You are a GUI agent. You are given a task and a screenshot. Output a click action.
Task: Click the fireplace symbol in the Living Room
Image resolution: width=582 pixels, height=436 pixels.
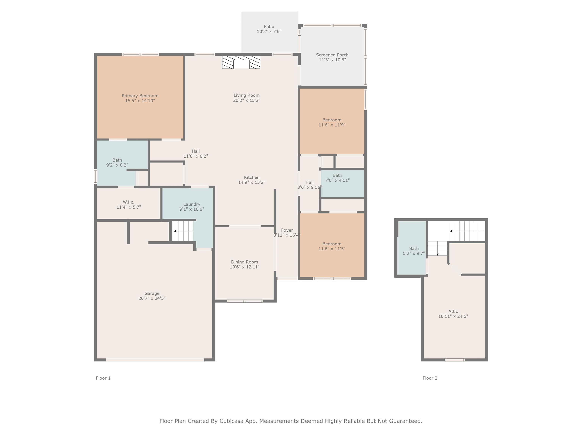coord(241,62)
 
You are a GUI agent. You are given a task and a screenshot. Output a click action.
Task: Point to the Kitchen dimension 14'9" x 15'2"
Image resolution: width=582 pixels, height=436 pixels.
coord(252,182)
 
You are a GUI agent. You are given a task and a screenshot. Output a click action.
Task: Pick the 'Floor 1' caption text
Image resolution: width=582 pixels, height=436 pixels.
coord(103,378)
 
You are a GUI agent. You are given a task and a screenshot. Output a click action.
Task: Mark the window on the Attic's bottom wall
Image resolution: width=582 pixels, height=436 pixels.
coord(455,360)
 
